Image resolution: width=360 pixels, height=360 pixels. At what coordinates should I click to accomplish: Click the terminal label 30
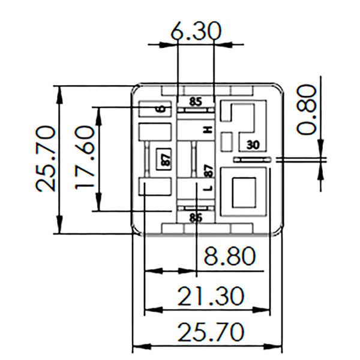point(253,144)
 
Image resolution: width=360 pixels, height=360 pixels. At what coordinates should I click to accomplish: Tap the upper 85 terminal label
point(196,101)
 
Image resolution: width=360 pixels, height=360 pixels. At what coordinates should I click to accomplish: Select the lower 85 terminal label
point(196,217)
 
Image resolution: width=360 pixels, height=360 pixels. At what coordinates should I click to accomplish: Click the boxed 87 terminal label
point(163,160)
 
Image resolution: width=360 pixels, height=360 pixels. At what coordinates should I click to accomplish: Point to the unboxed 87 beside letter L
point(208,171)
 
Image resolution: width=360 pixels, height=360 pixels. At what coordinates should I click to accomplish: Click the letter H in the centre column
point(208,130)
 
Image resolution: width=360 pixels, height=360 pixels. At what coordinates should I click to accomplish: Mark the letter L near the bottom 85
point(208,188)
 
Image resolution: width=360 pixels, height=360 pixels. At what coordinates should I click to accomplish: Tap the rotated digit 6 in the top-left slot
point(160,109)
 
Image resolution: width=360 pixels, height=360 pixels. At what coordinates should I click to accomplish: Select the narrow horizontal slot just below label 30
point(253,160)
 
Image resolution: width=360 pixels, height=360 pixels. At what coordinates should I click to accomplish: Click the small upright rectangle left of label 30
point(227,142)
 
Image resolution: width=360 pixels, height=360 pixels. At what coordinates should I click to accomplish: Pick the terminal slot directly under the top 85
point(196,111)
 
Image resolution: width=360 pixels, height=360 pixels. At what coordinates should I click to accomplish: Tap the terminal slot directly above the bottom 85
point(196,208)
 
